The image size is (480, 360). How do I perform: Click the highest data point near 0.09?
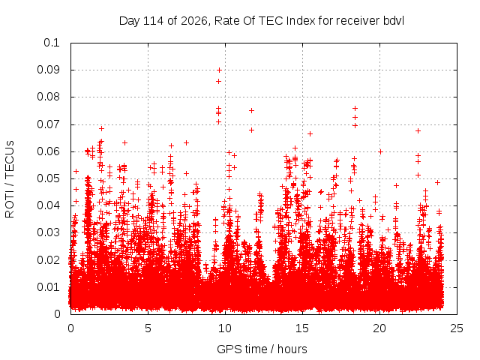click(219, 70)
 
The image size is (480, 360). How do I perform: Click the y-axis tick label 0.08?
click(48, 97)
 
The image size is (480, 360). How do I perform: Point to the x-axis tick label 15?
click(302, 328)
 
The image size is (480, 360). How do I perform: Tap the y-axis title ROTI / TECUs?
click(10, 179)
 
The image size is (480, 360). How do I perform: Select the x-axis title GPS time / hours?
click(262, 349)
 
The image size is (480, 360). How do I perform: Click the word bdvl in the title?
click(393, 21)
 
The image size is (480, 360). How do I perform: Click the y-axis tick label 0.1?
click(52, 43)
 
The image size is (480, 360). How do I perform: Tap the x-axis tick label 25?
click(457, 328)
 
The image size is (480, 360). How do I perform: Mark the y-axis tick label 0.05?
click(48, 178)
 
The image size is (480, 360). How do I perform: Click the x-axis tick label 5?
click(148, 328)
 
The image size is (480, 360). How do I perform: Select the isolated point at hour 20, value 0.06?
click(380, 151)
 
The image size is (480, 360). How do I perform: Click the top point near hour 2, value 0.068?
click(102, 128)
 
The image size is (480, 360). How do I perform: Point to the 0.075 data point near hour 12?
click(252, 110)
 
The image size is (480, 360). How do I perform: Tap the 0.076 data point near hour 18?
click(355, 108)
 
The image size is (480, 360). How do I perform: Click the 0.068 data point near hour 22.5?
click(418, 131)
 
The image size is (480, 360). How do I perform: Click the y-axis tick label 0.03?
click(48, 232)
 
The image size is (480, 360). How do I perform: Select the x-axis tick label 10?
click(225, 328)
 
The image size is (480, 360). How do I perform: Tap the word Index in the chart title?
click(301, 21)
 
